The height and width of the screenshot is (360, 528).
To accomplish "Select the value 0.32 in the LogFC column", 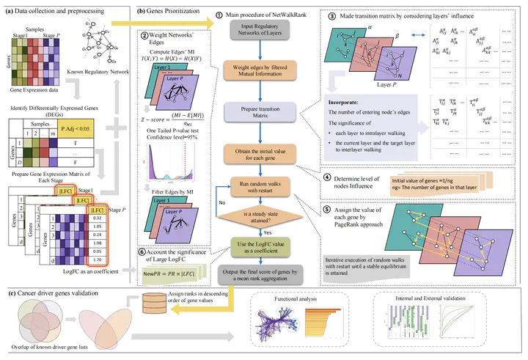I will pyautogui.click(x=95, y=217).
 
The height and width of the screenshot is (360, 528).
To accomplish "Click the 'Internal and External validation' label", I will pyautogui.click(x=425, y=299).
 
